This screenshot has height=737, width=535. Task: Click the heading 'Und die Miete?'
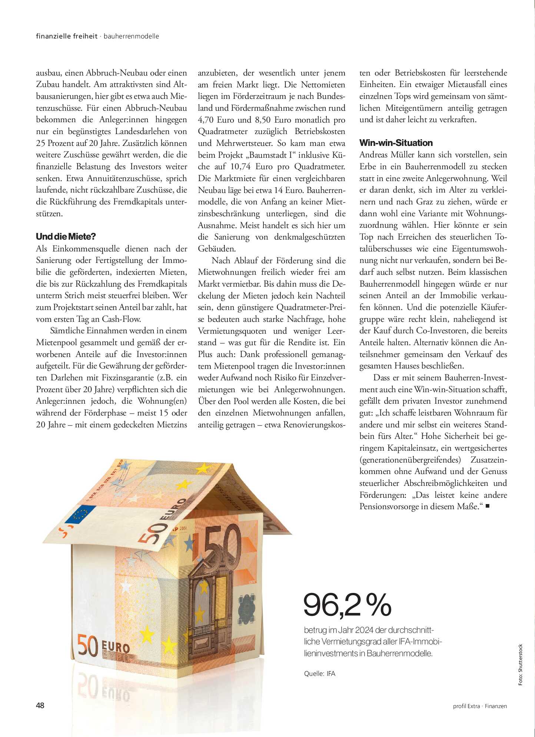click(66, 237)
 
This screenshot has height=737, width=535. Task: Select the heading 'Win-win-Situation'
click(396, 143)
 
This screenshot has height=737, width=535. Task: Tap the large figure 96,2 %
click(347, 605)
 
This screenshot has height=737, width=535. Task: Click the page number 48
click(40, 706)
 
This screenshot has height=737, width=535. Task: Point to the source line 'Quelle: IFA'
click(319, 674)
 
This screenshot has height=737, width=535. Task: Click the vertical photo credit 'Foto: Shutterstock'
click(520, 665)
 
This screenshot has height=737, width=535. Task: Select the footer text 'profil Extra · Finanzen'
click(479, 706)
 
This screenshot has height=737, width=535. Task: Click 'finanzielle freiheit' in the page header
click(67, 36)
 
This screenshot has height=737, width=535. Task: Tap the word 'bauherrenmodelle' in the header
click(131, 36)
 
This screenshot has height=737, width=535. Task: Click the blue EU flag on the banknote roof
click(80, 514)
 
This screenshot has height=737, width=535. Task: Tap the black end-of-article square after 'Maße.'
click(487, 506)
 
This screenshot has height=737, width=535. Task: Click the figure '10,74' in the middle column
click(240, 167)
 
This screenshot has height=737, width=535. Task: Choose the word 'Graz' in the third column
click(426, 202)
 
